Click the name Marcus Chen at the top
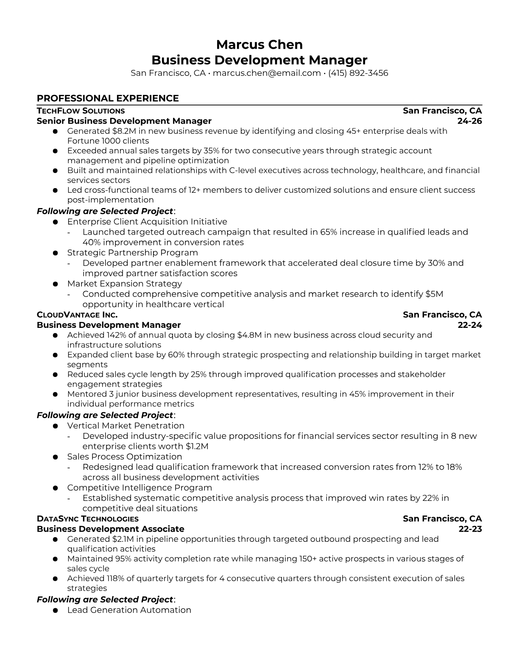259,44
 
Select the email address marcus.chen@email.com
266,73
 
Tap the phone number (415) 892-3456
358,73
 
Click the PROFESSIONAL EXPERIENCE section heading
108,98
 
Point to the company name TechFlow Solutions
81,111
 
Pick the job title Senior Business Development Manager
124,121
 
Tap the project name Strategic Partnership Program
132,252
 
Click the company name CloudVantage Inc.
77,315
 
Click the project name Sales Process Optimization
124,457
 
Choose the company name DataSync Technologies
87,518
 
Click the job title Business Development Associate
110,529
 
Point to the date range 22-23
470,529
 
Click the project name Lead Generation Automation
129,610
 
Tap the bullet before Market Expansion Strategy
56,284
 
